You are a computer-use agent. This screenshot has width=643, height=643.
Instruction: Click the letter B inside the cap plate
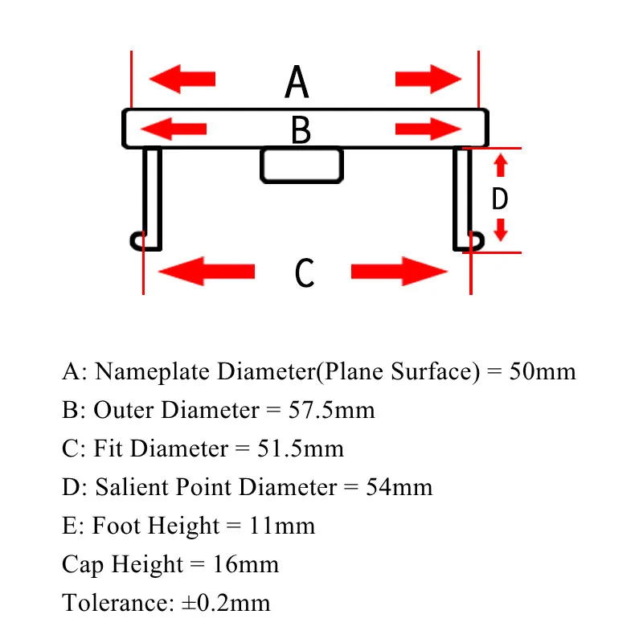pos(301,130)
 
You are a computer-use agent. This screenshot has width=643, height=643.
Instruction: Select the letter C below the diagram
pos(304,272)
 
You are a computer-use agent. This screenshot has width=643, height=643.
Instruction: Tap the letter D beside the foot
pos(500,199)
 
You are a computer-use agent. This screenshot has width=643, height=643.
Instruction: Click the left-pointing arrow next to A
pos(183,79)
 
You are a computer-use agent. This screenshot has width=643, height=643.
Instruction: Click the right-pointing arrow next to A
pos(428,79)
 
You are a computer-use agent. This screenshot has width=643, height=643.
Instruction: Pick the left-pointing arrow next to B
pos(174,128)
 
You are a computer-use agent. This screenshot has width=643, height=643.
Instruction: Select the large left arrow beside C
pos(207,271)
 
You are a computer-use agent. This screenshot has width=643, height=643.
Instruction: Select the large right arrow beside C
pos(399,272)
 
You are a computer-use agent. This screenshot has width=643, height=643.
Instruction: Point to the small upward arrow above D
pos(500,166)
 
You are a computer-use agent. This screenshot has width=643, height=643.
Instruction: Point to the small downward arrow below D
pos(500,230)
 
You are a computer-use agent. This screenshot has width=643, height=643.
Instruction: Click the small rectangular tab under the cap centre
pos(301,165)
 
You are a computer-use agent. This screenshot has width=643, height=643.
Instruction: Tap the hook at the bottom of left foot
pos(138,240)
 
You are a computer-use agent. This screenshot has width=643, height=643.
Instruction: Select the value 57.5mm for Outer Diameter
pos(331,410)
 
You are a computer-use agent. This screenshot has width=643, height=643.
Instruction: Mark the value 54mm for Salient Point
pos(399,486)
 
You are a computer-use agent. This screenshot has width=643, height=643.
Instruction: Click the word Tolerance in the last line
pos(115,602)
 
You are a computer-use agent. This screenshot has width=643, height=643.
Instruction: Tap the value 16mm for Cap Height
pos(245,564)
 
